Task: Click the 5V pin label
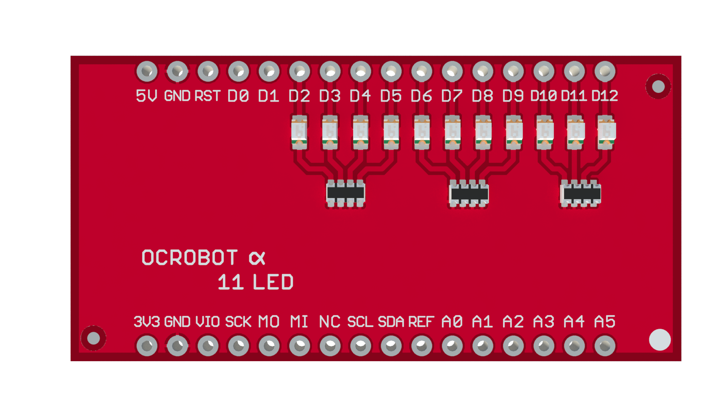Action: pos(146,96)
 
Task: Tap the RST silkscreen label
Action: pos(207,96)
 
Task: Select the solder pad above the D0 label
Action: pos(238,71)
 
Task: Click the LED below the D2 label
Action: pos(299,132)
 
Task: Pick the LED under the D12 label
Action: pos(606,132)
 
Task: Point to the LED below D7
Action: pos(452,132)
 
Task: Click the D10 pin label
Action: pos(544,96)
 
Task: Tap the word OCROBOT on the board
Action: pos(190,258)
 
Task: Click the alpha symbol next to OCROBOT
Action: pos(257,258)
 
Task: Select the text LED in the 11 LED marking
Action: pos(273,282)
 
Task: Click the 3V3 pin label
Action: pos(147,322)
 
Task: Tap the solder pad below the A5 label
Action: pos(605,346)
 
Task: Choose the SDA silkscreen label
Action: pos(391,322)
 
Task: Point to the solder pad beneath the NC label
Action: pos(330,346)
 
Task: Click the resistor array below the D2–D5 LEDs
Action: pos(346,193)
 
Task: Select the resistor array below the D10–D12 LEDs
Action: pos(581,193)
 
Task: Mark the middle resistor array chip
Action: pos(469,193)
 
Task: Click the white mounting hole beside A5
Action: pos(660,340)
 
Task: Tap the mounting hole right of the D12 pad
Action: pos(658,87)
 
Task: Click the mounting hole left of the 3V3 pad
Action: pos(93,338)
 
